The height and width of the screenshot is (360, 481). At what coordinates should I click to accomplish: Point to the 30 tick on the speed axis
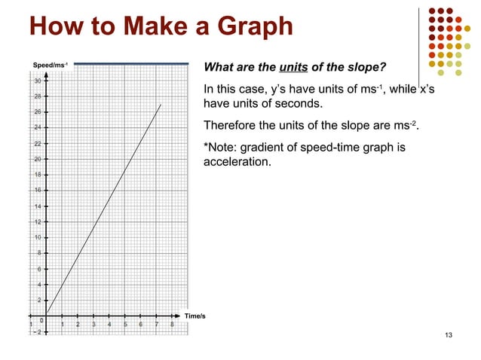click(36, 81)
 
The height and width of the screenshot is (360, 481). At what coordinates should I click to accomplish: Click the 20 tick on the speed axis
click(36, 159)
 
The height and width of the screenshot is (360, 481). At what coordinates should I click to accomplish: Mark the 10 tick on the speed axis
click(36, 237)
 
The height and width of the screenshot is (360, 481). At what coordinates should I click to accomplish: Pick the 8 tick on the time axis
click(173, 325)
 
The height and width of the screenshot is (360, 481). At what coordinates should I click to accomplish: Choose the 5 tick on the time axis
click(125, 325)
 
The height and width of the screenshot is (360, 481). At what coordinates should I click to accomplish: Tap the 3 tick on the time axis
click(93, 325)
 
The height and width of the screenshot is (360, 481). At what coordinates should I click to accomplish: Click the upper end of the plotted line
click(161, 104)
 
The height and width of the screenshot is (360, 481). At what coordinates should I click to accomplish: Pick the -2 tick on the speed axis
click(35, 332)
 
